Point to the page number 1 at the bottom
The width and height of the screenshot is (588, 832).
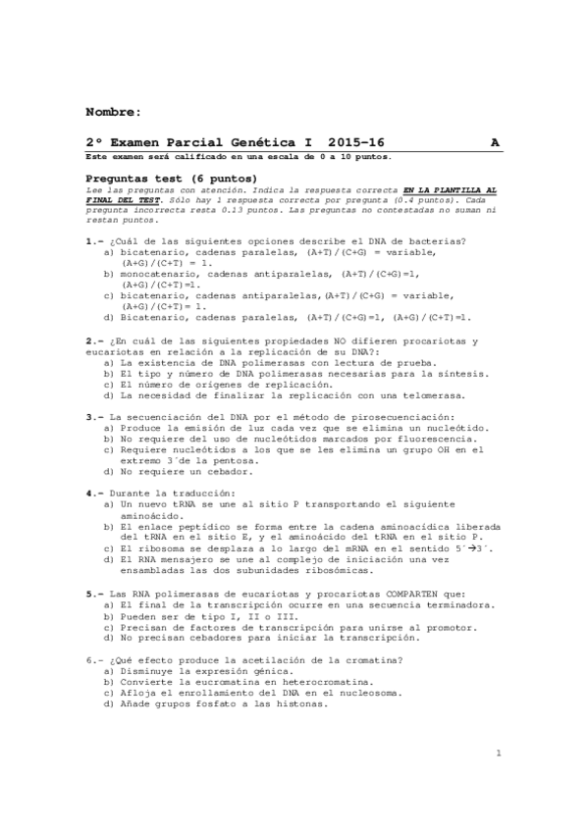[499, 754]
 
